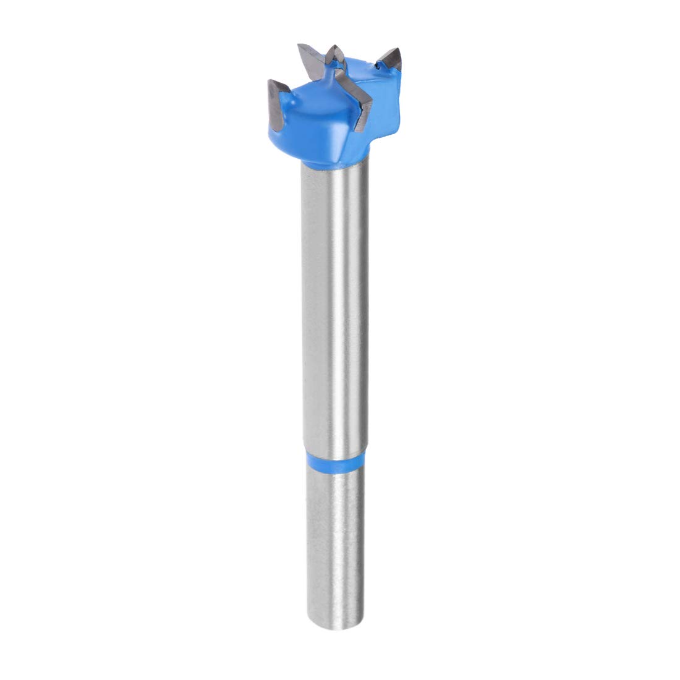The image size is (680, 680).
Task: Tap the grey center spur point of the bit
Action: coord(334,56)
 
